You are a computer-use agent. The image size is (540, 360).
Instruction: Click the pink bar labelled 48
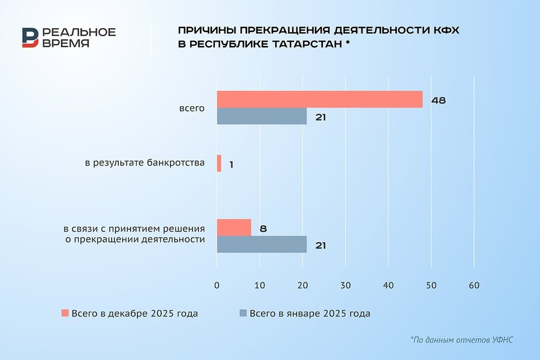click(319, 99)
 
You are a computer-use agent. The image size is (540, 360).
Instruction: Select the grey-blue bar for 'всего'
click(261, 117)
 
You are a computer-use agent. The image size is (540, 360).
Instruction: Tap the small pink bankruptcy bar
click(219, 164)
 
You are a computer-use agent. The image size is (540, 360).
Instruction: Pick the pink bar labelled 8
click(234, 228)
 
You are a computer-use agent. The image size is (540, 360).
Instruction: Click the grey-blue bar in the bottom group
click(261, 245)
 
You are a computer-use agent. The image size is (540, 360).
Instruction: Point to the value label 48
click(438, 100)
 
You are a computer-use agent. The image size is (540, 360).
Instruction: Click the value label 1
click(231, 165)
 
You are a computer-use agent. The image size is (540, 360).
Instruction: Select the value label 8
click(263, 229)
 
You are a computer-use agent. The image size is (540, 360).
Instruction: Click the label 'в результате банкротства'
click(145, 164)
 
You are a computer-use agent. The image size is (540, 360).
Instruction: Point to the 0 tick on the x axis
click(217, 285)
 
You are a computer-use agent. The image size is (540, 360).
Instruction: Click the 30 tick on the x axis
click(345, 285)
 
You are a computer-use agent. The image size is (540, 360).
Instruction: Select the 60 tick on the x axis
click(473, 285)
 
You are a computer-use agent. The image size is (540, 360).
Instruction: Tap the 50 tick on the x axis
click(431, 285)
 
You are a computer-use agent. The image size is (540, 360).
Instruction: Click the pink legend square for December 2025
click(65, 313)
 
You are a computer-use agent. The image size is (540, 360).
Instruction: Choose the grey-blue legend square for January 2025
click(243, 313)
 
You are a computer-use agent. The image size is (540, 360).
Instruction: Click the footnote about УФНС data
click(461, 340)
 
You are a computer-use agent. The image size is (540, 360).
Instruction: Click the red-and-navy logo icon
click(30, 37)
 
